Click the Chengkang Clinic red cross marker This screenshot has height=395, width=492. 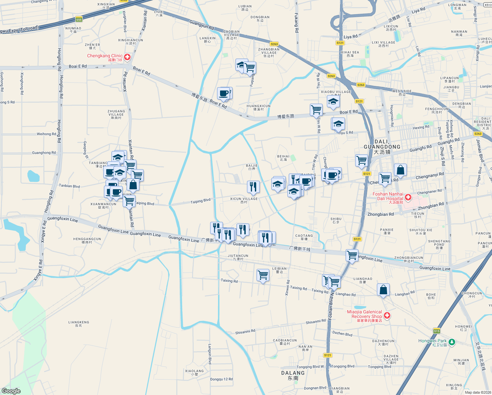coord(127,57)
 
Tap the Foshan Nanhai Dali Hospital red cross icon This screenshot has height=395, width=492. coord(408,197)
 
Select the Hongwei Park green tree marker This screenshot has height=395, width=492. coord(452,342)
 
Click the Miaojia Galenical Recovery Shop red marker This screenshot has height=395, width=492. coord(387,315)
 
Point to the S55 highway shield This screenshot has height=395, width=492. coord(79,20)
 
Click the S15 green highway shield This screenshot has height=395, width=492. coord(436,331)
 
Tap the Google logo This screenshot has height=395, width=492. coord(11,391)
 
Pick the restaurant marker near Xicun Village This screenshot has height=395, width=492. coord(253,187)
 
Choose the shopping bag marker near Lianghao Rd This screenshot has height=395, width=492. coord(383,290)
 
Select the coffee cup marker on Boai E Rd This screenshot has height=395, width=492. coord(224,93)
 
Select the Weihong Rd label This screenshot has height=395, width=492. coord(46,134)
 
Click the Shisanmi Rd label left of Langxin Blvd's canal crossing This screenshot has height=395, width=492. coord(245,332)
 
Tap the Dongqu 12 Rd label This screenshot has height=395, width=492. coord(221,379)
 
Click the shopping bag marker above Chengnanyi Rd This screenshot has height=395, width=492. coord(400,170)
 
